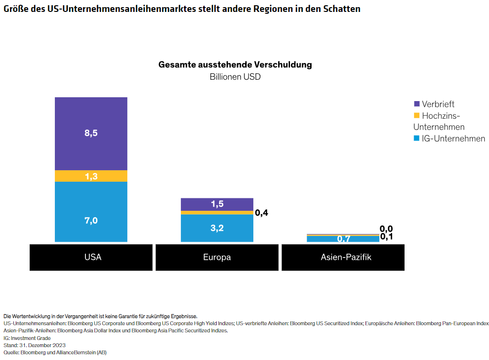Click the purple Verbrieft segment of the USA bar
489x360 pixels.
(x=91, y=134)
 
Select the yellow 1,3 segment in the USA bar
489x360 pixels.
(x=91, y=176)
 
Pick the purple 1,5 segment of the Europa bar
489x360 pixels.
(x=217, y=204)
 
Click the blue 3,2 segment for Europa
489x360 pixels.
(x=217, y=228)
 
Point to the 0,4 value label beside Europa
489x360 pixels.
(x=261, y=213)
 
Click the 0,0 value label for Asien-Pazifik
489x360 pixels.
(x=386, y=229)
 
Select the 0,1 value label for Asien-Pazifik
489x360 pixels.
(x=386, y=237)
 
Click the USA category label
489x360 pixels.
(x=93, y=257)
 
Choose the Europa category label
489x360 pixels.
(x=217, y=257)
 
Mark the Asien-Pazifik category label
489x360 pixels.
(x=343, y=257)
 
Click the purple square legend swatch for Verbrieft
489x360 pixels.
(x=416, y=104)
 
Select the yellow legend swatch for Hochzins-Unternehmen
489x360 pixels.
(x=416, y=115)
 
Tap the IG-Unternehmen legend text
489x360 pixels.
(x=453, y=139)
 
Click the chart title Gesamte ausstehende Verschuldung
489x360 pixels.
(x=235, y=65)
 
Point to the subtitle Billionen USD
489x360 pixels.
(x=235, y=77)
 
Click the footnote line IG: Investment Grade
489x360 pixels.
(x=27, y=338)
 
